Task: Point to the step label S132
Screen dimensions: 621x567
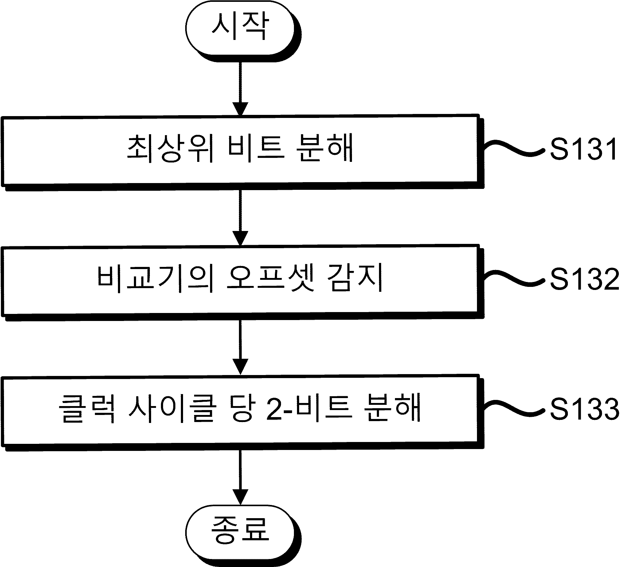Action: (x=585, y=279)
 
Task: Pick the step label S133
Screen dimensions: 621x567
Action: (x=585, y=409)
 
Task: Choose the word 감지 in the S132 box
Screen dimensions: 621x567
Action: (x=354, y=278)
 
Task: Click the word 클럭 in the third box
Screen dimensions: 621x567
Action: (x=88, y=409)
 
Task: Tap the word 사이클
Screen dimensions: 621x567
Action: (x=171, y=409)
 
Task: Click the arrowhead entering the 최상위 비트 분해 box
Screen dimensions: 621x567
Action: (x=240, y=109)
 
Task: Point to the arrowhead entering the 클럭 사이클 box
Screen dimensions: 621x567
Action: (x=240, y=367)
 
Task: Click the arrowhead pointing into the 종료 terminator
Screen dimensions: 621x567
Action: (x=240, y=497)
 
